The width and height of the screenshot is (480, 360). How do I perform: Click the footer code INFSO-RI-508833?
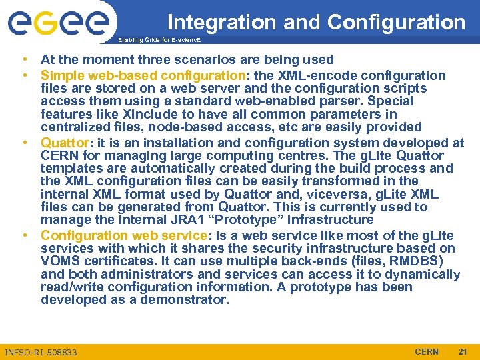click(x=41, y=352)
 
